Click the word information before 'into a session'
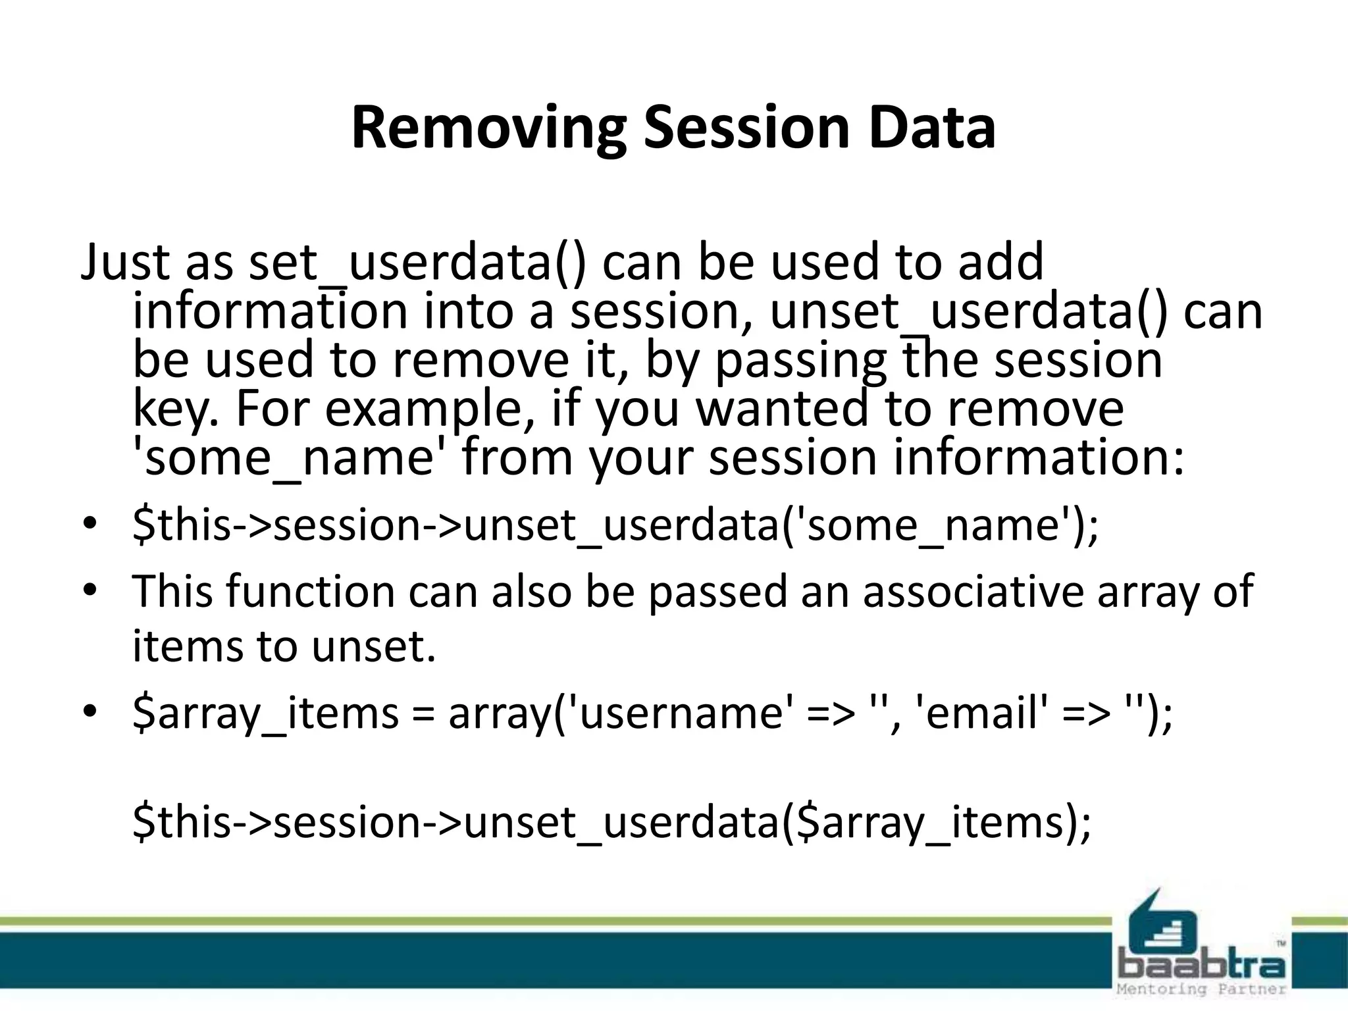coord(269,311)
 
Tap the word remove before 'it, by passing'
coord(480,360)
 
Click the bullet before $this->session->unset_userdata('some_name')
coord(90,525)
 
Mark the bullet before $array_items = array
coord(90,712)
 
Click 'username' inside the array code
coord(678,713)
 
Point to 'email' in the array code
coord(981,713)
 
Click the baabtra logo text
coord(1202,966)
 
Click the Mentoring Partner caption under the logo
coord(1202,989)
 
